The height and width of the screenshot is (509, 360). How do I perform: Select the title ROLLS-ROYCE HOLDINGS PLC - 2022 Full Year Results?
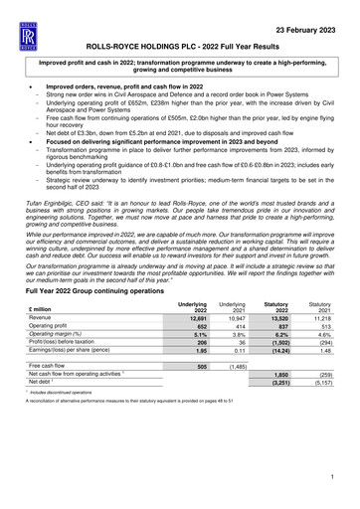179,47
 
